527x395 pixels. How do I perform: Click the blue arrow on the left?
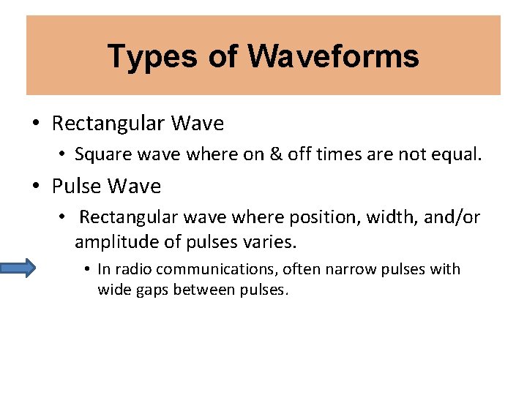click(x=17, y=269)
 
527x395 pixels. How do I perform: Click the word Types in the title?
click(x=149, y=56)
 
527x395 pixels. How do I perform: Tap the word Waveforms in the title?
click(x=333, y=56)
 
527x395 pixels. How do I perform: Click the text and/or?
click(x=447, y=217)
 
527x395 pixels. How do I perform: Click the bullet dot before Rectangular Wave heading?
click(x=37, y=124)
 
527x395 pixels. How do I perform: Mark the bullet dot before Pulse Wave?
click(x=37, y=187)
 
